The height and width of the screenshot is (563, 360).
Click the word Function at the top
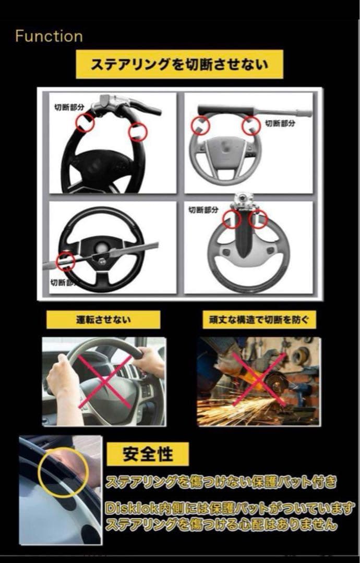pos(49,36)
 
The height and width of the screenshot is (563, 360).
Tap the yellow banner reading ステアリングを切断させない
pos(179,65)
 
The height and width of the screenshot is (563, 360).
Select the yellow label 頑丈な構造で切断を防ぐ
pos(259,320)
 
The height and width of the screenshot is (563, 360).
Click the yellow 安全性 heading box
pos(148,454)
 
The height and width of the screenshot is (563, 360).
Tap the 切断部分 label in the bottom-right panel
pos(204,210)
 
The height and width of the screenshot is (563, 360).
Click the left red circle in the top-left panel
pos(85,123)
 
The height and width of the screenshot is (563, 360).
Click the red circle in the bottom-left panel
pos(66,261)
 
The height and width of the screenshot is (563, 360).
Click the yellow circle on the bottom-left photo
pos(63,471)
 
